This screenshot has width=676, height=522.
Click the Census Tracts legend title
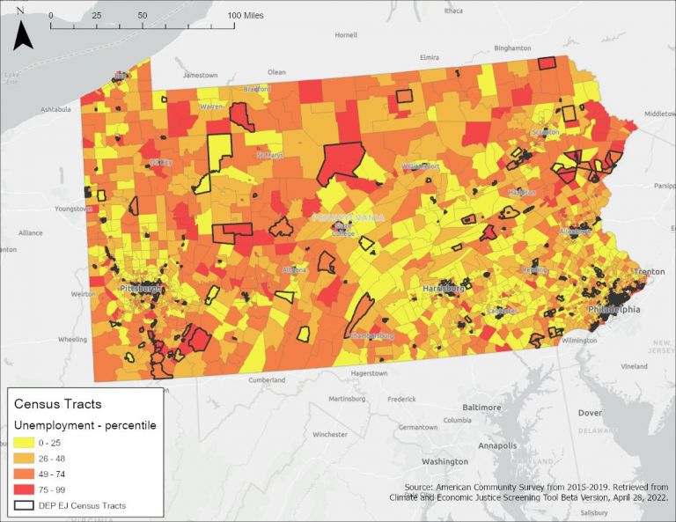click(x=57, y=404)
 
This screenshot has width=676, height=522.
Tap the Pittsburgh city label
click(x=140, y=289)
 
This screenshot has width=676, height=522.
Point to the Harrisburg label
click(x=443, y=288)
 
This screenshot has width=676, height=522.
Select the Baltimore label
click(x=481, y=408)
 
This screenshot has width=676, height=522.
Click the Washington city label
click(x=445, y=461)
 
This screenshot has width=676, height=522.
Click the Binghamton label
click(x=515, y=48)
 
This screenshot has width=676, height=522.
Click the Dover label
click(x=589, y=413)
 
